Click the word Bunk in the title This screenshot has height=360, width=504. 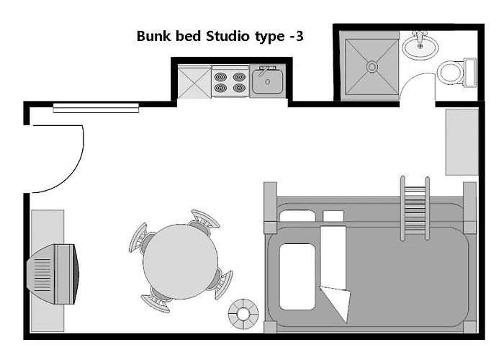click(153, 36)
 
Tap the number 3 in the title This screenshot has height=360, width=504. click(300, 36)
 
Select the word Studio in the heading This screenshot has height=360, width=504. click(228, 36)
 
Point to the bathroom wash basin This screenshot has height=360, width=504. click(420, 45)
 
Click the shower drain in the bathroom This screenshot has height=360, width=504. click(372, 67)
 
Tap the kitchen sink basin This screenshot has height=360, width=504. click(267, 81)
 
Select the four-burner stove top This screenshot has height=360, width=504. click(230, 81)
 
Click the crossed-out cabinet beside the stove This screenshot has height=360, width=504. click(194, 81)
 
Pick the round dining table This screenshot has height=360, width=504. click(180, 261)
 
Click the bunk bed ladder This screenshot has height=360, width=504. click(415, 208)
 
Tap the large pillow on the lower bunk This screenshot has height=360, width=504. click(297, 276)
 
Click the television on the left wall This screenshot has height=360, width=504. click(53, 274)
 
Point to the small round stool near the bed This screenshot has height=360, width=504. click(243, 314)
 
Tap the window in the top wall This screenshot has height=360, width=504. click(96, 108)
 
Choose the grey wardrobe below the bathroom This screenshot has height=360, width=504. click(462, 142)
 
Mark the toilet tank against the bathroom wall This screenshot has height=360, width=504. click(470, 72)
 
